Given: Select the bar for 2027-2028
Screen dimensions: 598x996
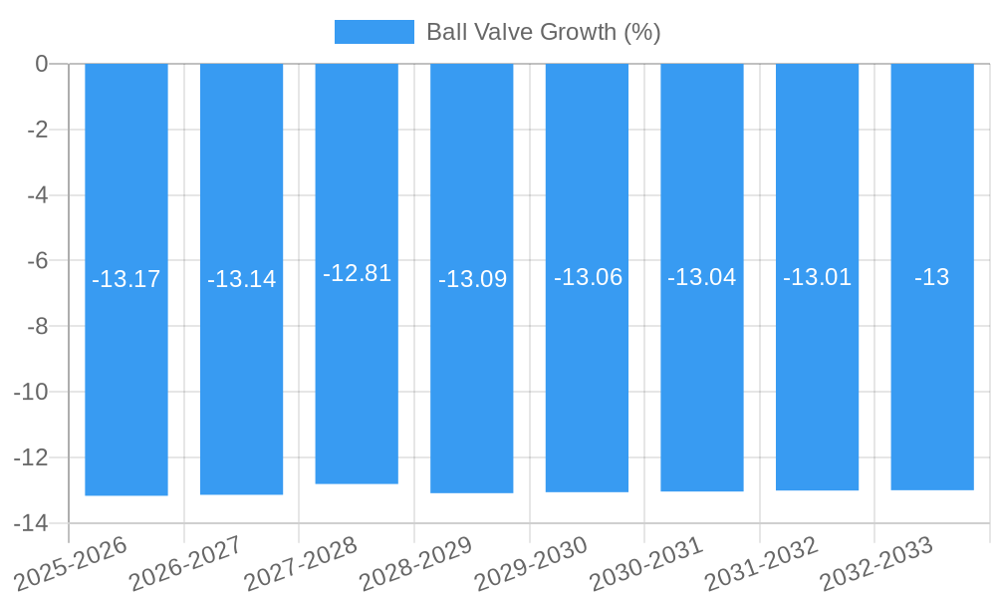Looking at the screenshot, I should pos(357,379).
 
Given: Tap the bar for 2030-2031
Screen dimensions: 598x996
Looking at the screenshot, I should pos(702,379).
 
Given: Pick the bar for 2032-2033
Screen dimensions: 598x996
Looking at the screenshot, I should pos(932,379).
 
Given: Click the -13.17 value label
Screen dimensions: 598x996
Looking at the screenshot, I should pos(126,279).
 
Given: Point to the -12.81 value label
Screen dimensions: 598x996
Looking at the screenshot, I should pos(357,273).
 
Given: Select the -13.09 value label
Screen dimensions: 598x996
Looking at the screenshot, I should pos(472,279).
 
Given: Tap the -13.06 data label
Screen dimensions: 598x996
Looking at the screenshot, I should pos(588,277).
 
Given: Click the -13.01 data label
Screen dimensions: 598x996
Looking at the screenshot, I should pos(817,277).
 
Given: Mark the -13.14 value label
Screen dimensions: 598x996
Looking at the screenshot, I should pos(241,279).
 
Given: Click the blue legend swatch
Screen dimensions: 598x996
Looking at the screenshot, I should pos(373,32).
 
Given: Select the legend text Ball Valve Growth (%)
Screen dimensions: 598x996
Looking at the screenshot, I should pos(543,32).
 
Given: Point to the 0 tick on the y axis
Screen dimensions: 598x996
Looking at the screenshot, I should pos(42,64).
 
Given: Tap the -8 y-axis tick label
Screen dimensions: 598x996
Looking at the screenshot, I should pos(37,326).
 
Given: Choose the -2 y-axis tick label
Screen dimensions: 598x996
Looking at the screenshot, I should pos(37,130).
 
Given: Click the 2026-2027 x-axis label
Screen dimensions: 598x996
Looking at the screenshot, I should pos(185,563).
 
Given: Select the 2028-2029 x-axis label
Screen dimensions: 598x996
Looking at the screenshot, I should pos(415,563).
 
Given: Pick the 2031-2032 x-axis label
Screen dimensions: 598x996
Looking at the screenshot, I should pos(761,563).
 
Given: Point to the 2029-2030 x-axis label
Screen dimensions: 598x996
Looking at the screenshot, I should pos(531,563).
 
